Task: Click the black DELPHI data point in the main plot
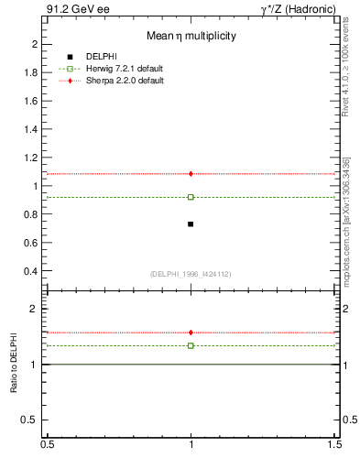191,224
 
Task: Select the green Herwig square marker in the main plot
191,197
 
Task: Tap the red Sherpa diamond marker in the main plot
191,174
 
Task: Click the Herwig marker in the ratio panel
191,345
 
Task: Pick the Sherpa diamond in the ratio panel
191,333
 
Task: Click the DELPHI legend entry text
104,57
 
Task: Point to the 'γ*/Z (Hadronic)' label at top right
298,9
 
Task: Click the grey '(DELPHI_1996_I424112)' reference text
191,274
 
